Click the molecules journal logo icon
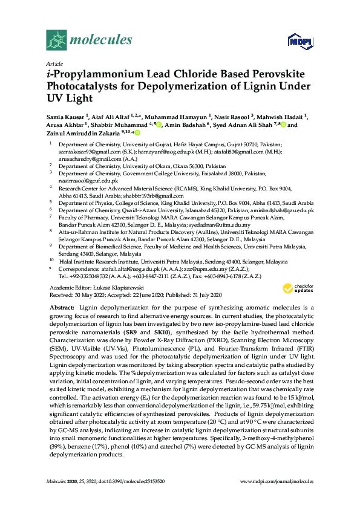click(56, 41)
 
